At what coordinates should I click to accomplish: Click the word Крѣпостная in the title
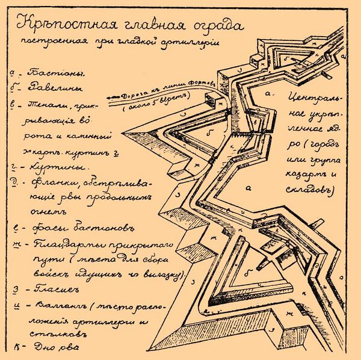[x=56, y=26]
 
